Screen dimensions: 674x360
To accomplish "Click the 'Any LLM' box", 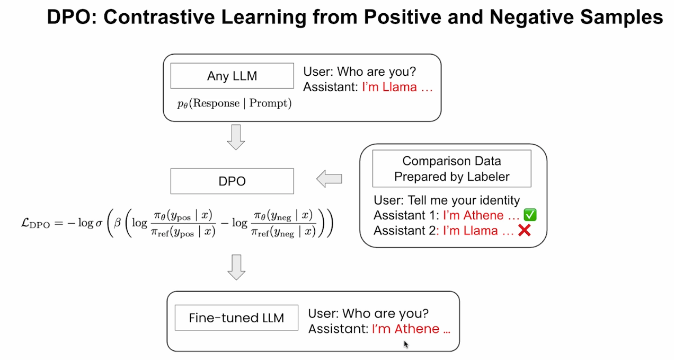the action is click(232, 76).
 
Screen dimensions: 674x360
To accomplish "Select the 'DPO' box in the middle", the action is click(232, 181).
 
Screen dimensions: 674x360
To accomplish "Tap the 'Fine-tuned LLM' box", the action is click(236, 318).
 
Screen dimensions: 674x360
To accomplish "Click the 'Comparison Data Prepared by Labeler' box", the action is click(451, 169).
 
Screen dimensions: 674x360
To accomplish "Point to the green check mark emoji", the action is click(530, 215).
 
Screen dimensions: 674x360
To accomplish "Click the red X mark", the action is click(524, 231).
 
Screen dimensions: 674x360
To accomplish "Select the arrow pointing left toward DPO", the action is click(329, 179).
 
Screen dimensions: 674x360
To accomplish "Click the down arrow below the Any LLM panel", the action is click(236, 137).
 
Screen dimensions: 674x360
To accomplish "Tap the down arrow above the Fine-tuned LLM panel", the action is click(236, 267).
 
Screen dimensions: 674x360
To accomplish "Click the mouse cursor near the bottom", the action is click(406, 344).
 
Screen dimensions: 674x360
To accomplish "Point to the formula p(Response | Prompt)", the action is click(234, 103).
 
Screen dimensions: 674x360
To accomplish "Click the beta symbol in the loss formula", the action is click(117, 223).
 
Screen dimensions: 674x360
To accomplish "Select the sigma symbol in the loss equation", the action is click(99, 223).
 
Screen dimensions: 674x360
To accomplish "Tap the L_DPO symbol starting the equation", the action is click(36, 223).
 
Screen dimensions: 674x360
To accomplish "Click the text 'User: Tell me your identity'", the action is click(447, 200).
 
